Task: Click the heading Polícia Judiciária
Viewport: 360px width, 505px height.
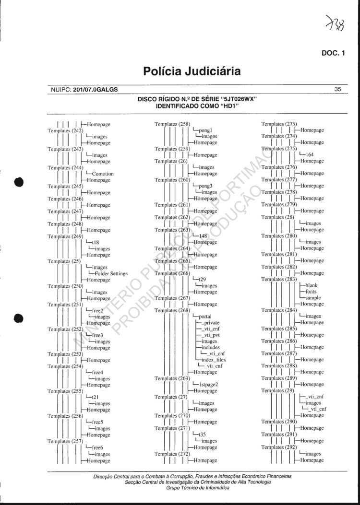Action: pos(192,72)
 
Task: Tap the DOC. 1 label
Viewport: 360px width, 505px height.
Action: pos(333,53)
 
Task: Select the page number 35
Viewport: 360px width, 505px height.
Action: pos(337,89)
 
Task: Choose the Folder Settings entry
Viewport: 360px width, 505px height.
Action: pos(110,273)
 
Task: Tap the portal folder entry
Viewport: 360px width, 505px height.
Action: pos(205,317)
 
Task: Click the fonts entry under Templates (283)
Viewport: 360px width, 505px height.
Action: pos(311,292)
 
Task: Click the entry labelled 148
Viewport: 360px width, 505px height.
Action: pos(203,236)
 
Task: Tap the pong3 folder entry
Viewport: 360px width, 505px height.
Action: pos(205,186)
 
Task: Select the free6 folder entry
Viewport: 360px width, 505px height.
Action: pos(98,447)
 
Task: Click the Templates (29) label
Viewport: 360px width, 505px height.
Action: pos(277,390)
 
